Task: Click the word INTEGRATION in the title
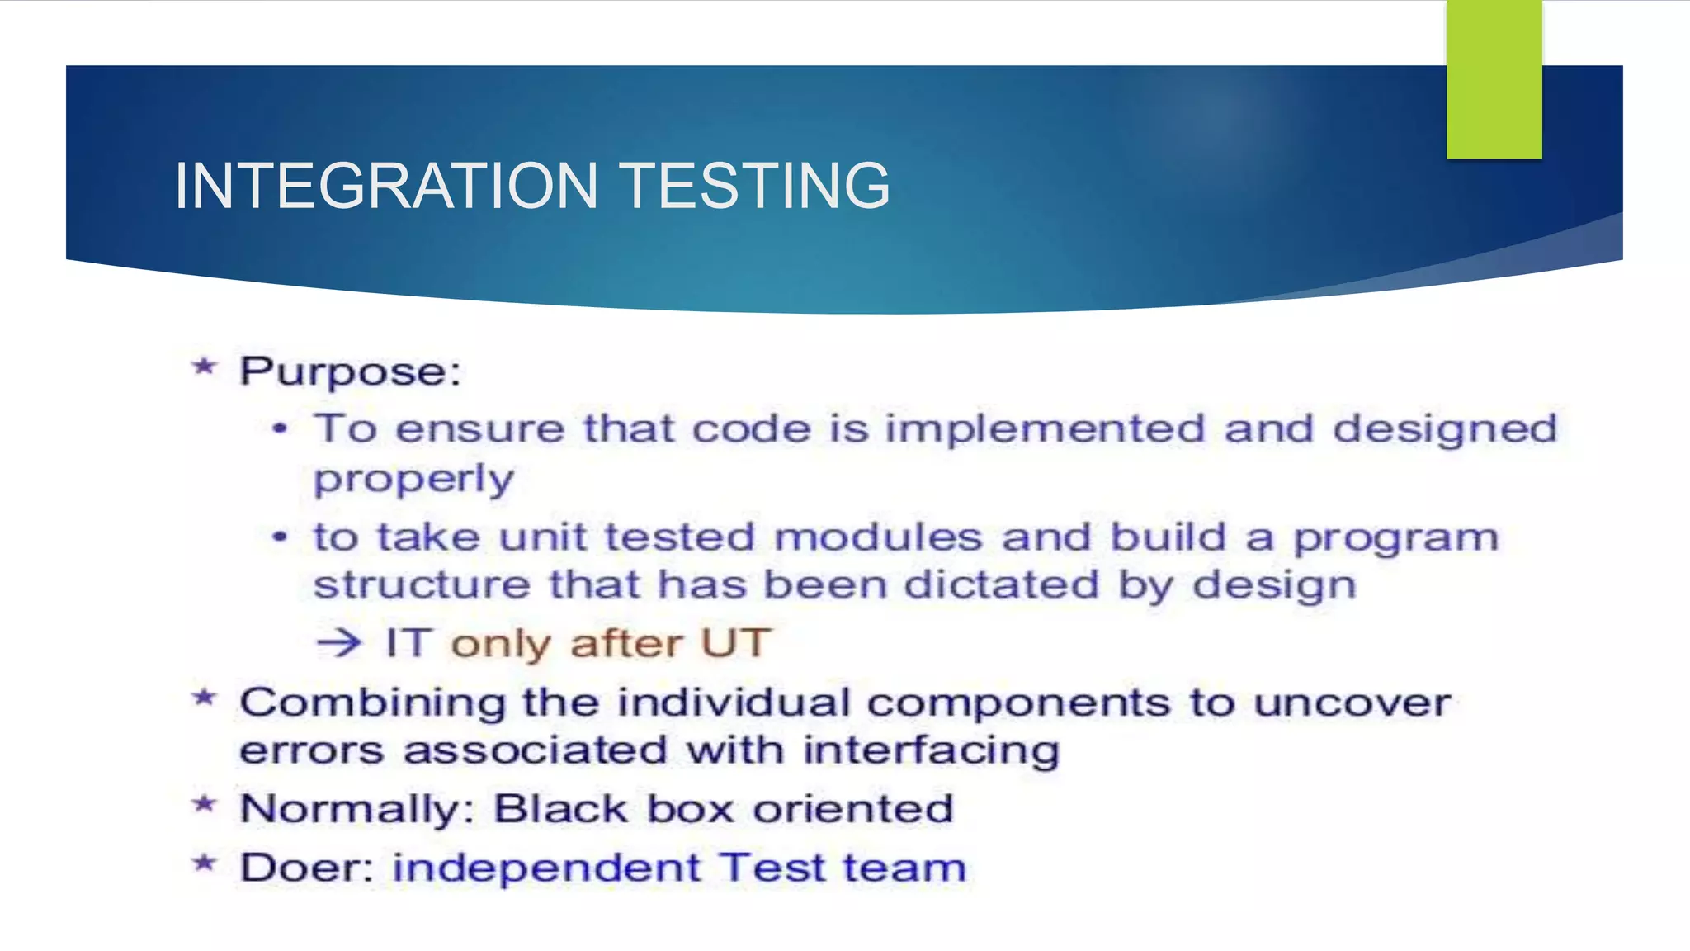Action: pyautogui.click(x=386, y=186)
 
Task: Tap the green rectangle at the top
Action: pyautogui.click(x=1494, y=79)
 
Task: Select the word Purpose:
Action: pyautogui.click(x=350, y=372)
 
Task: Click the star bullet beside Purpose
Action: pyautogui.click(x=204, y=367)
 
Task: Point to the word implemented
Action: pyautogui.click(x=1045, y=429)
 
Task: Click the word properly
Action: pyautogui.click(x=413, y=480)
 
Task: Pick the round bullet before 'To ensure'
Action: pyautogui.click(x=281, y=428)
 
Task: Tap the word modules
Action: pyautogui.click(x=878, y=537)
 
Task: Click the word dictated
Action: pyautogui.click(x=1001, y=585)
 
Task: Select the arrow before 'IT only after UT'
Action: pyautogui.click(x=339, y=642)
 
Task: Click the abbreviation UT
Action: pyautogui.click(x=735, y=643)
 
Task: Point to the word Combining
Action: pyautogui.click(x=372, y=704)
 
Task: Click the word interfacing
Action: pyautogui.click(x=931, y=751)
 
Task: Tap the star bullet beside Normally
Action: pyautogui.click(x=204, y=804)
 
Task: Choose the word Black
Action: pyautogui.click(x=561, y=808)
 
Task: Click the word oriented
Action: pyautogui.click(x=853, y=808)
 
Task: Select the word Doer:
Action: pyautogui.click(x=307, y=868)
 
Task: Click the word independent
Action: pyautogui.click(x=546, y=868)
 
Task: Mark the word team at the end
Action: pyautogui.click(x=904, y=868)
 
